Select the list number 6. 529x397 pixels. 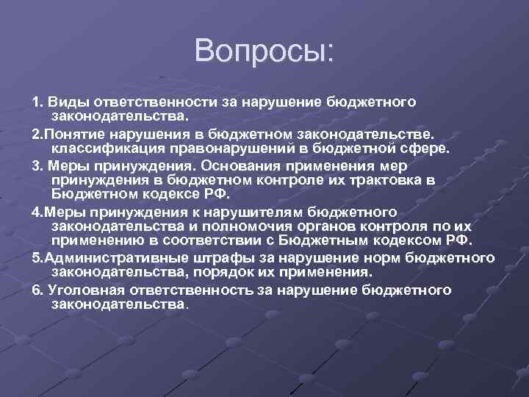point(36,290)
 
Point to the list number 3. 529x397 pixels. point(36,165)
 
